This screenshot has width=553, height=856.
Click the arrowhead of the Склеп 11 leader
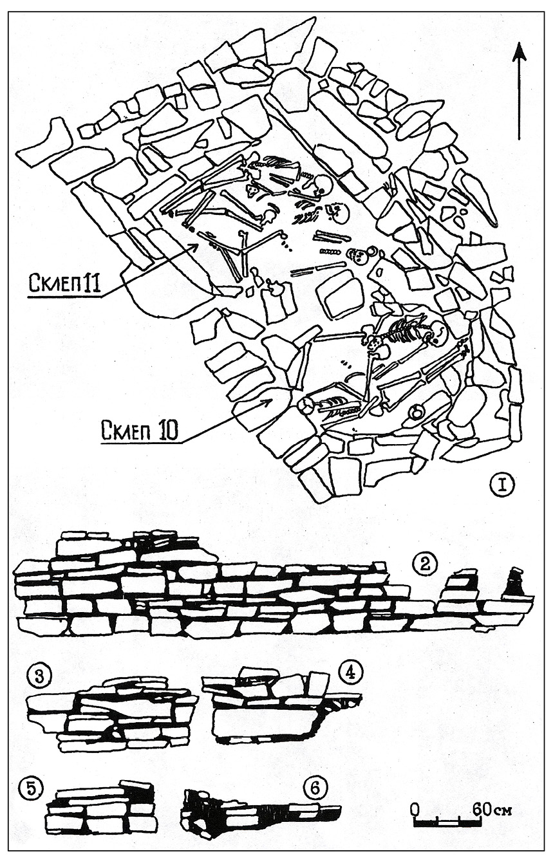(x=194, y=247)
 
